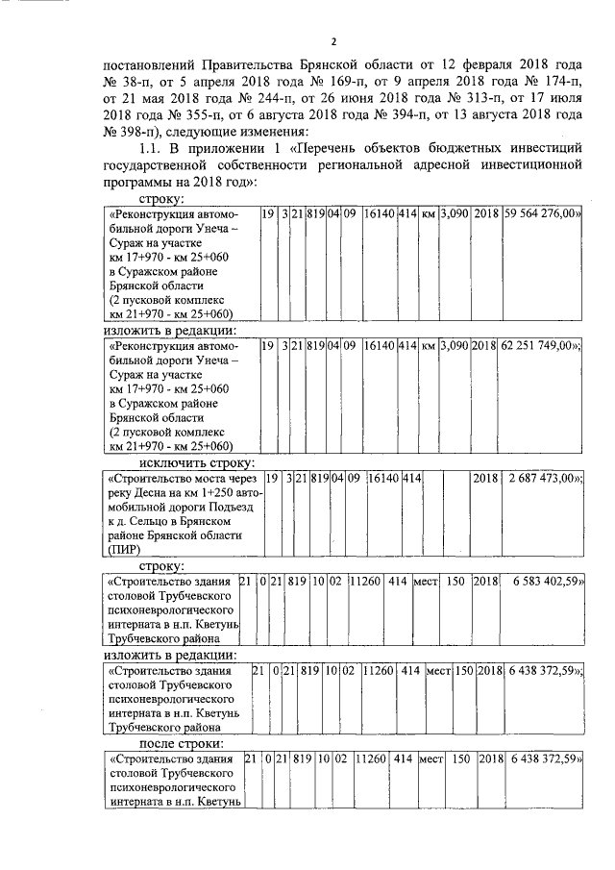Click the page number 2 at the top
[332, 41]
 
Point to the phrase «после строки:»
[183, 743]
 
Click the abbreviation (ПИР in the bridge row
[126, 550]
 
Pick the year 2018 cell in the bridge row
[484, 478]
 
